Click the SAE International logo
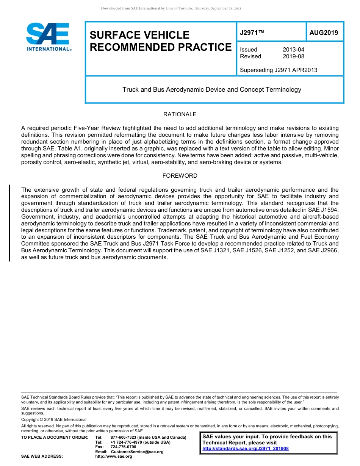[x=49, y=36]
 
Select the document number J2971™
[x=252, y=33]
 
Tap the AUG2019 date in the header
[x=324, y=33]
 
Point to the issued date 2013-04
[x=293, y=50]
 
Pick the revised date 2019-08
[x=293, y=56]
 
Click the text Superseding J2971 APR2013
[x=279, y=70]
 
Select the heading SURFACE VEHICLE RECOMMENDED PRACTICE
[x=160, y=41]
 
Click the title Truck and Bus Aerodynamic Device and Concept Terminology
[x=211, y=90]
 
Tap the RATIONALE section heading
[x=180, y=114]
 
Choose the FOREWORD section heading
[x=180, y=176]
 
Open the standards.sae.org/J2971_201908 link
[x=245, y=449]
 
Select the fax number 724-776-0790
[x=123, y=447]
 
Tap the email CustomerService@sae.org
[x=137, y=452]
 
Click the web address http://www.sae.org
[x=121, y=457]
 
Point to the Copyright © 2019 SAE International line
[x=54, y=419]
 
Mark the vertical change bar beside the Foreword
[x=9, y=223]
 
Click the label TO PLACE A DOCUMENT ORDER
[x=55, y=438]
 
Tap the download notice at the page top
[x=171, y=8]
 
